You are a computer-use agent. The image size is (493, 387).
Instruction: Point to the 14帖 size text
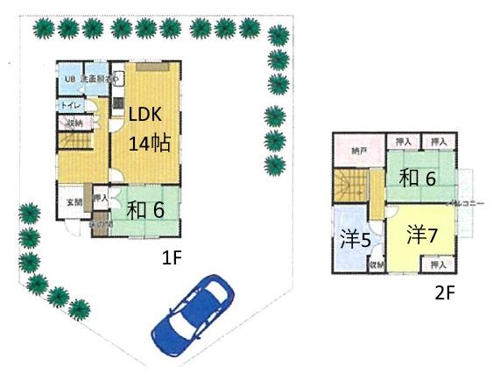(x=149, y=144)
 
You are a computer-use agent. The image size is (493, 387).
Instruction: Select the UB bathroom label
(x=68, y=81)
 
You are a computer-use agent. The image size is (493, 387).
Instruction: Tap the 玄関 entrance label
(x=71, y=203)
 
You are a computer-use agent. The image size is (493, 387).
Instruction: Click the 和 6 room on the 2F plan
(x=418, y=179)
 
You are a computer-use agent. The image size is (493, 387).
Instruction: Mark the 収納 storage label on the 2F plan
(x=376, y=264)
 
